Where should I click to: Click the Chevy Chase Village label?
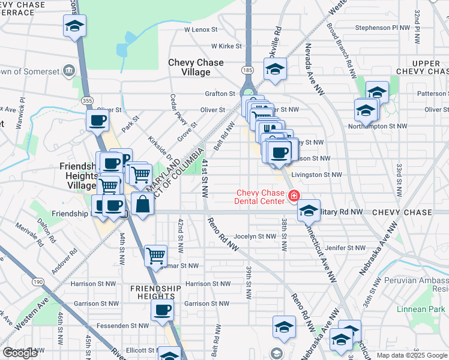pos(196,67)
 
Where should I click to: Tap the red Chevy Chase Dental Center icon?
pos(294,195)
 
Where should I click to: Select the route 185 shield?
pos(247,70)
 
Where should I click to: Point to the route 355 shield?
pos(87,101)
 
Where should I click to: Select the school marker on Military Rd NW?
pos(309,211)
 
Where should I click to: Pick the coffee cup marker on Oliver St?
pos(97,120)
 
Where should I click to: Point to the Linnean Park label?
pos(419,310)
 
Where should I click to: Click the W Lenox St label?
pos(200,29)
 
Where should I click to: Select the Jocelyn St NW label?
pos(255,236)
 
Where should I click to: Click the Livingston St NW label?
pos(316,175)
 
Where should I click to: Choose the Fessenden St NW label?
pos(126,326)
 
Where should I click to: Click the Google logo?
pos(20,353)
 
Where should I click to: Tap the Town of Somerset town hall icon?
pos(69,71)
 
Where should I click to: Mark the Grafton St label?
pos(220,94)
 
